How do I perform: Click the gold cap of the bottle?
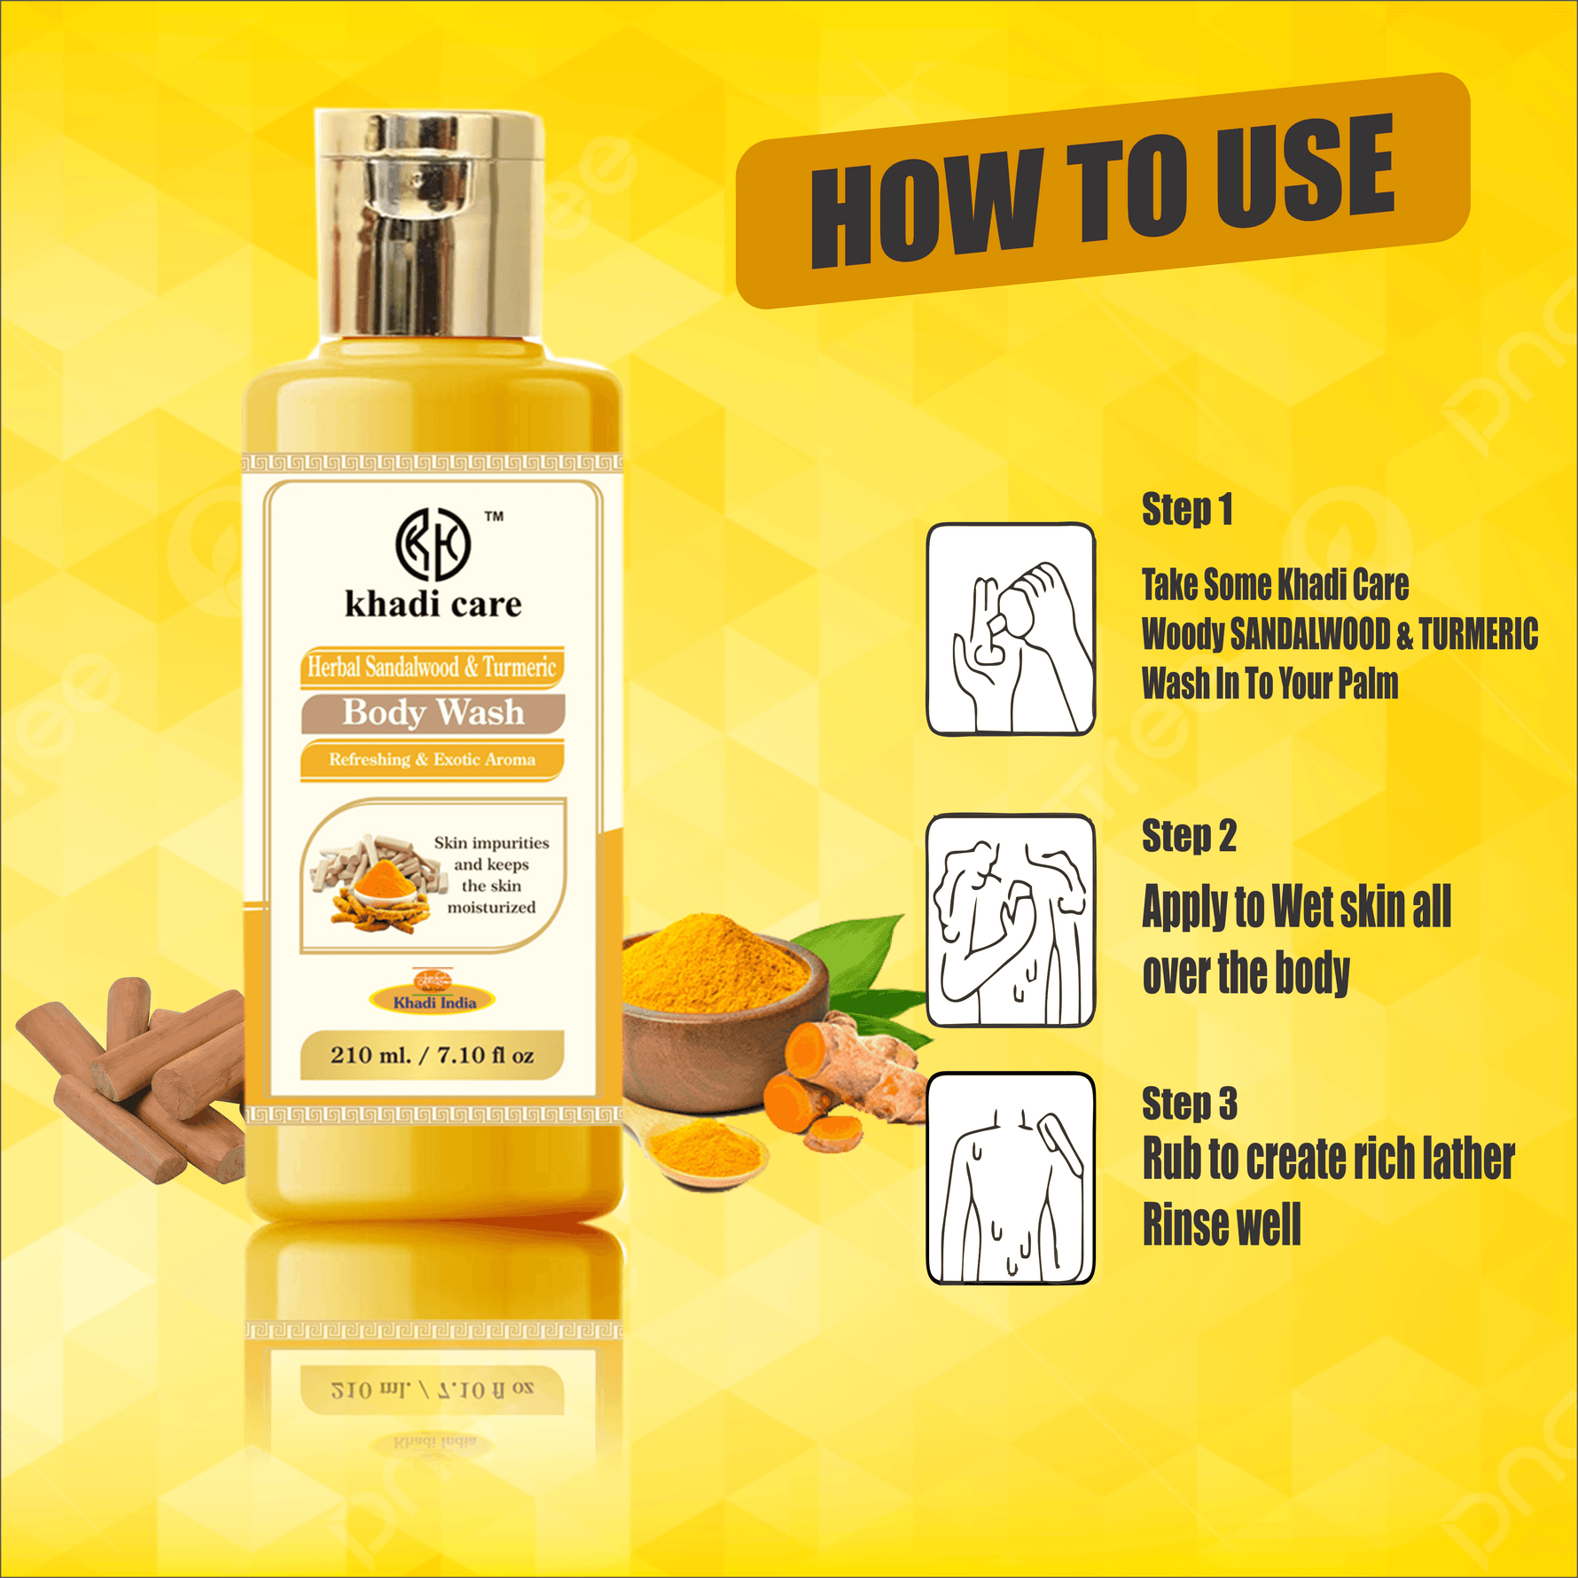click(x=430, y=226)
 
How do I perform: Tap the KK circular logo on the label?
click(x=432, y=542)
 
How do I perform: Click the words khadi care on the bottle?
click(x=433, y=605)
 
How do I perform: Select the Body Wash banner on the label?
click(x=433, y=713)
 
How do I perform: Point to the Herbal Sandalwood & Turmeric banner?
click(x=432, y=667)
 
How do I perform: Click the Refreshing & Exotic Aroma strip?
click(x=432, y=760)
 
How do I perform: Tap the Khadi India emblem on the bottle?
click(x=434, y=993)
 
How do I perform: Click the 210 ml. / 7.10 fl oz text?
click(x=432, y=1055)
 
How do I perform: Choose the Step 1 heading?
click(x=1186, y=510)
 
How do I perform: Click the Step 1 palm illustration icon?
click(x=1011, y=629)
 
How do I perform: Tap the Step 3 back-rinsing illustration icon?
click(x=1011, y=1179)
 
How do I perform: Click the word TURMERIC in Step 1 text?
click(x=1478, y=635)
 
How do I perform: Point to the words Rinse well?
click(x=1221, y=1225)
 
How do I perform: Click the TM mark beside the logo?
click(x=494, y=516)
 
